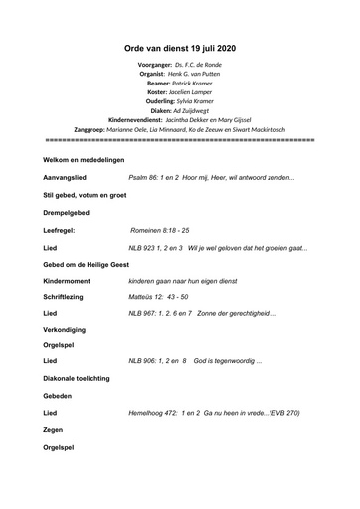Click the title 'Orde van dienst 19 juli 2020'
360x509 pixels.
(x=179, y=47)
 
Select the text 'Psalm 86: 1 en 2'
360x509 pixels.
(x=159, y=176)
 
